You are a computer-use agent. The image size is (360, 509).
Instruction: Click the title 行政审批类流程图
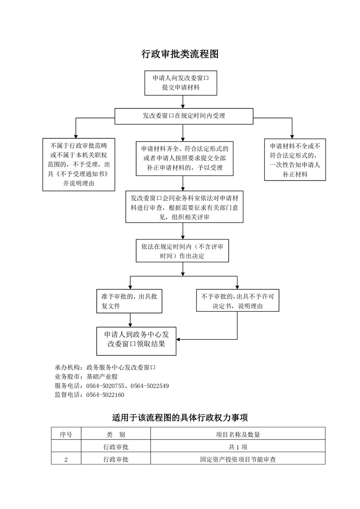coord(180,54)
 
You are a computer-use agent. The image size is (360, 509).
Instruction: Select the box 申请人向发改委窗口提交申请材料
coord(181,83)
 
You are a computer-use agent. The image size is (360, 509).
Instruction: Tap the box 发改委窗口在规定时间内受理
coord(184,116)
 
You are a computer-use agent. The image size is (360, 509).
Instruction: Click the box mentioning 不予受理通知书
coord(79,165)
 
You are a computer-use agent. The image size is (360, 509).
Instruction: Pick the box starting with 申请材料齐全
coord(185,158)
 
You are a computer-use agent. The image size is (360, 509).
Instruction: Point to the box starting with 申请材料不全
coord(295,160)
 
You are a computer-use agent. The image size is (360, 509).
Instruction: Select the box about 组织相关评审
coord(185,207)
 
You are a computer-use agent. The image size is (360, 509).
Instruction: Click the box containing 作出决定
coord(182,251)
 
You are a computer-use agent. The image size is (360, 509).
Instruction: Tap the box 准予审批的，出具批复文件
coord(129,301)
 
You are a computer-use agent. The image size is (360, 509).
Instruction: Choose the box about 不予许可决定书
coord(237,301)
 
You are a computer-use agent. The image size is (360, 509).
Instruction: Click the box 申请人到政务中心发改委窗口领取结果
coord(137,341)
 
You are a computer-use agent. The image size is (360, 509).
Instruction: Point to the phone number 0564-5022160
coord(105,395)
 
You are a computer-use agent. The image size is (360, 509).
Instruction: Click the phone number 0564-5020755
coord(105,386)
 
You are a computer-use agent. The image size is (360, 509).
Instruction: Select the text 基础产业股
coord(102,377)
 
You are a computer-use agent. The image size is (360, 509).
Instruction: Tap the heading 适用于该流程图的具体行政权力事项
coord(180,417)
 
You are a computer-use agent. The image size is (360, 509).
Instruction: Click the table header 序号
coord(66,435)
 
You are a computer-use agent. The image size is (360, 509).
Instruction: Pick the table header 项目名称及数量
coord(238,435)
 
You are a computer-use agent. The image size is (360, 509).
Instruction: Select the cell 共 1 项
coord(238,447)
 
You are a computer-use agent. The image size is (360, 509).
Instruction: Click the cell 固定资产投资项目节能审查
coord(238,460)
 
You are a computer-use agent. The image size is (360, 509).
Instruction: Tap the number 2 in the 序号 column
coord(66,460)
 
